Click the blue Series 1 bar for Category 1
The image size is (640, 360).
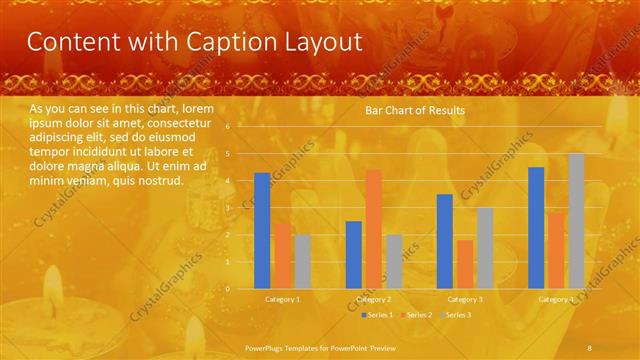(x=262, y=230)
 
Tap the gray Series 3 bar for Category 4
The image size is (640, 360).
(x=576, y=221)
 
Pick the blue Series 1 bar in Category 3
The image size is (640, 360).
(x=445, y=241)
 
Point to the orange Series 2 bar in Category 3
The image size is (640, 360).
(x=465, y=264)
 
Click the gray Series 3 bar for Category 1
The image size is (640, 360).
(x=302, y=261)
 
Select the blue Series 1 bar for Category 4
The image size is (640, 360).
(x=536, y=227)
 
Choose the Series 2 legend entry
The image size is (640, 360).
(x=418, y=315)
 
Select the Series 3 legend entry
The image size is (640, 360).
(x=457, y=315)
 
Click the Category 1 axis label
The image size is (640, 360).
(x=282, y=299)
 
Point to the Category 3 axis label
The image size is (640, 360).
(x=465, y=299)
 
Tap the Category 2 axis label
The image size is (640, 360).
(x=373, y=299)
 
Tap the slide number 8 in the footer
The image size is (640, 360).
(x=591, y=346)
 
